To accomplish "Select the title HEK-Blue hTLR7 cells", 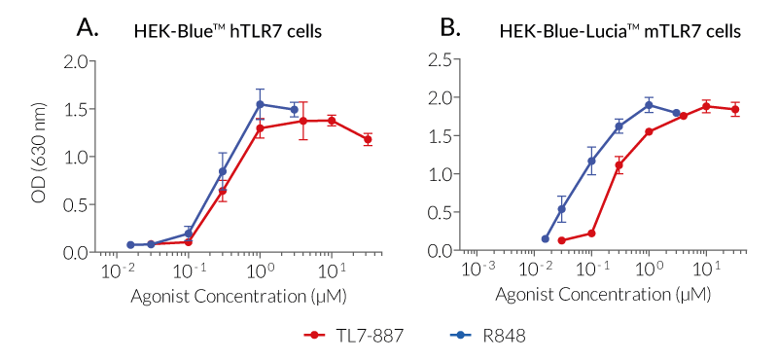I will (x=228, y=31).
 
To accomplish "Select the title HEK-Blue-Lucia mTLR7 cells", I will (x=620, y=31).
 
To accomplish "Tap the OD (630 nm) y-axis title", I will (x=39, y=156).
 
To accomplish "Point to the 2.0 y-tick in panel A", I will (x=76, y=61).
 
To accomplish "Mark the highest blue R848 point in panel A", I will (x=260, y=104).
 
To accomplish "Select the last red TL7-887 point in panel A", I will (x=368, y=139).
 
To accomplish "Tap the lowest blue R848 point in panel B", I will (x=545, y=238).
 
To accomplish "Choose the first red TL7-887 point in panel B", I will (x=561, y=240).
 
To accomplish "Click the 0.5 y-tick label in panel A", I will (x=76, y=204).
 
